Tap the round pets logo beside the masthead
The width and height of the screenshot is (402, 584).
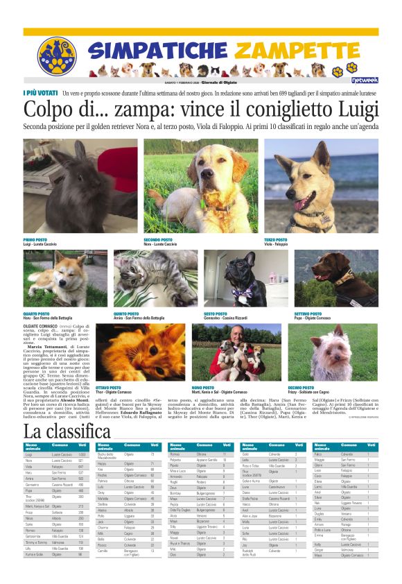pyautogui.click(x=56, y=55)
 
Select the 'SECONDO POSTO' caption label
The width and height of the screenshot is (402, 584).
pyautogui.click(x=159, y=239)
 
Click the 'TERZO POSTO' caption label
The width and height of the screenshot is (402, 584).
pyautogui.click(x=277, y=239)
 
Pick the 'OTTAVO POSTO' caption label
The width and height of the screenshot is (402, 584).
pyautogui.click(x=107, y=387)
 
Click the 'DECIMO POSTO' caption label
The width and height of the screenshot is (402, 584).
pyautogui.click(x=301, y=387)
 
